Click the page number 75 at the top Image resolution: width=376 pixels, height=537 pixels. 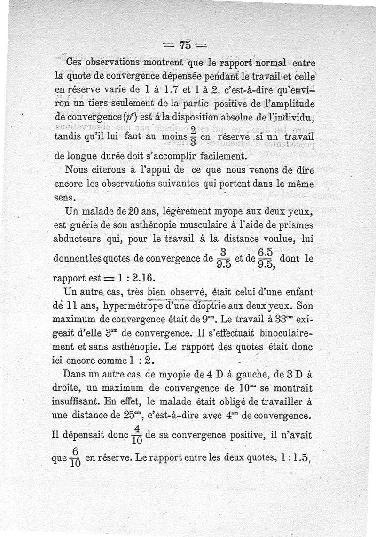point(184,45)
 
